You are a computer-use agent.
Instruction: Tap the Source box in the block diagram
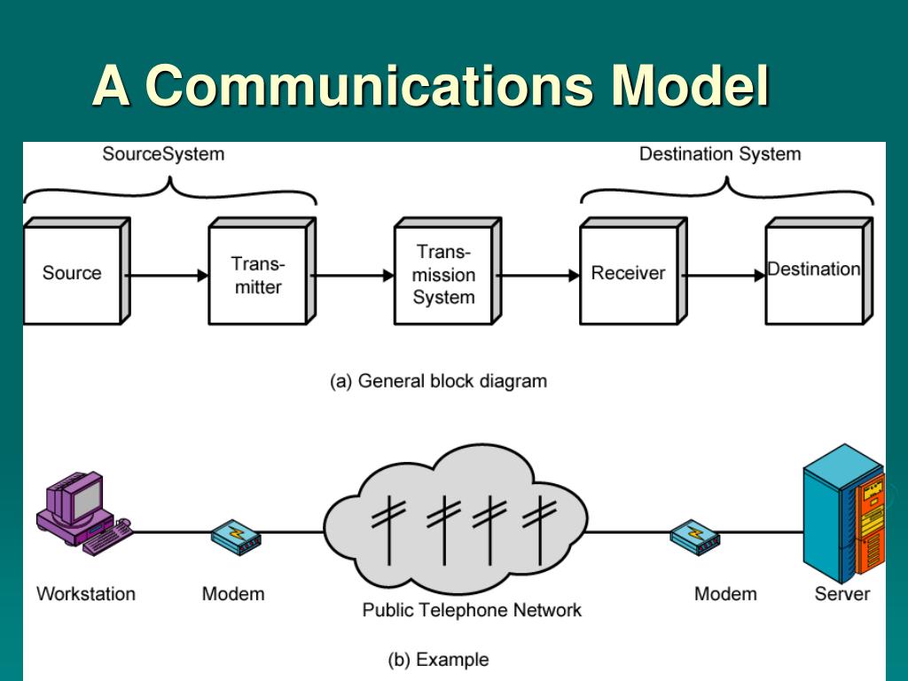pyautogui.click(x=77, y=271)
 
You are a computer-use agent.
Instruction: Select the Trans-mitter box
pyautogui.click(x=262, y=271)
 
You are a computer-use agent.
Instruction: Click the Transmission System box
pyautogui.click(x=448, y=271)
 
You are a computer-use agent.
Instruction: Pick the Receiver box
pyautogui.click(x=633, y=271)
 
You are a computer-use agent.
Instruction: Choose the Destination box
pyautogui.click(x=818, y=271)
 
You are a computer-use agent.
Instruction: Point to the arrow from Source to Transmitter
pyautogui.click(x=166, y=276)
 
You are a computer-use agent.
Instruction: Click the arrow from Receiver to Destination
pyautogui.click(x=724, y=276)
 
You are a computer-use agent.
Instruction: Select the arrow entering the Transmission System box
pyautogui.click(x=352, y=276)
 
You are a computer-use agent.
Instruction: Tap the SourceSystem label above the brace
pyautogui.click(x=163, y=154)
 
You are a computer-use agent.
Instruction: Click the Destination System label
pyautogui.click(x=720, y=154)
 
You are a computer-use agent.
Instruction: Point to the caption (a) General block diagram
pyautogui.click(x=438, y=381)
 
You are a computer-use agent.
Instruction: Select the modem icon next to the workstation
pyautogui.click(x=236, y=536)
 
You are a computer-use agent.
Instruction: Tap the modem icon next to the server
pyautogui.click(x=695, y=536)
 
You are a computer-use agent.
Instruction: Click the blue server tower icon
pyautogui.click(x=843, y=513)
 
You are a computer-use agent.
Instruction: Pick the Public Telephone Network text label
pyautogui.click(x=472, y=610)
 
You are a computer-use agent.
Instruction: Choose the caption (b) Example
pyautogui.click(x=438, y=660)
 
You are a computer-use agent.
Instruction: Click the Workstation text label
pyautogui.click(x=86, y=593)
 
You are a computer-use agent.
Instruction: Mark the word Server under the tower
pyautogui.click(x=842, y=593)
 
